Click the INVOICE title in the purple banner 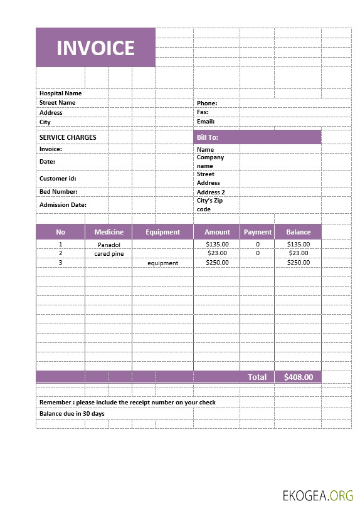(x=95, y=48)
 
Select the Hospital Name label (x=60, y=93)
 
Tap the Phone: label (x=207, y=103)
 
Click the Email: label (x=206, y=122)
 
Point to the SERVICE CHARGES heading (x=68, y=137)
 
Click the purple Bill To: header (x=257, y=137)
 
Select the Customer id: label (x=58, y=179)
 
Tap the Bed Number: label (x=58, y=192)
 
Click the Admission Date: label (x=63, y=205)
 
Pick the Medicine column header (x=109, y=232)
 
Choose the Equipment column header (x=162, y=232)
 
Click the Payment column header (x=258, y=232)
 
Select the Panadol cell (x=109, y=245)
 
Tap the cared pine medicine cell (x=109, y=254)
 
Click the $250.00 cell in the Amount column (x=217, y=263)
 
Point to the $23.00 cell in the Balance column (x=298, y=253)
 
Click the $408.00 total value (x=298, y=377)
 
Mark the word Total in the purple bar (x=257, y=377)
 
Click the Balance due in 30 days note (x=72, y=414)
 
